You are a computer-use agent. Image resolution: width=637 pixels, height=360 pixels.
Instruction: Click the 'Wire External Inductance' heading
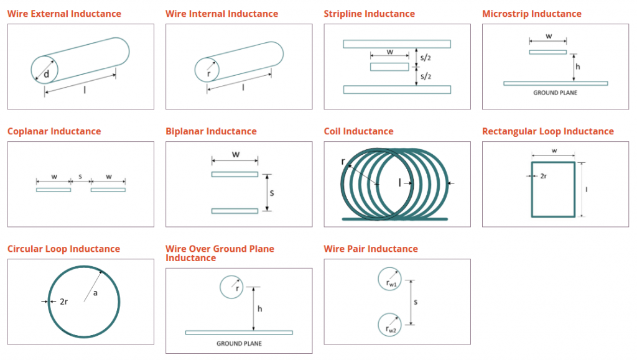pyautogui.click(x=64, y=14)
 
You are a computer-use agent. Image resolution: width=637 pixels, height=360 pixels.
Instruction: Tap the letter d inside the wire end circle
pyautogui.click(x=46, y=74)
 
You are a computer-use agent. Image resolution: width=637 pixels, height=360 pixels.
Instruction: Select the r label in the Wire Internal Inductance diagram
pyautogui.click(x=209, y=74)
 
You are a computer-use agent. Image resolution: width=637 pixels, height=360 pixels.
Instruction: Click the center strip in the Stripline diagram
pyautogui.click(x=389, y=67)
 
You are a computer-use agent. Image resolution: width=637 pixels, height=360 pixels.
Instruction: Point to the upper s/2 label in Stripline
pyautogui.click(x=425, y=58)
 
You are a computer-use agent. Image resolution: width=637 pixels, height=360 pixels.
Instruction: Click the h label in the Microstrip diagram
pyautogui.click(x=578, y=67)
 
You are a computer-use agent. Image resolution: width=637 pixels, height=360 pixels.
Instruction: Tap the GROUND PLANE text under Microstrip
pyautogui.click(x=556, y=93)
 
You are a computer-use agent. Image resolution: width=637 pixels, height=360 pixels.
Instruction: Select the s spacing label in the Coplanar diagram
pyautogui.click(x=80, y=177)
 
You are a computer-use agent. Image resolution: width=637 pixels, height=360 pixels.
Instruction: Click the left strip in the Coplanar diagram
pyautogui.click(x=53, y=190)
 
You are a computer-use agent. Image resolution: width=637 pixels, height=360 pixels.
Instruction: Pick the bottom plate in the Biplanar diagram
pyautogui.click(x=235, y=211)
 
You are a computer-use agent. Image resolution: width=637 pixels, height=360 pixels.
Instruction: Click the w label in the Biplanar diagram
pyautogui.click(x=236, y=155)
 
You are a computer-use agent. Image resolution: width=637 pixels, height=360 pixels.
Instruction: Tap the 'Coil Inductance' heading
pyautogui.click(x=359, y=131)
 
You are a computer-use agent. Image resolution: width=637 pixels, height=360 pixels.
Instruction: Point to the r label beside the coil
pyautogui.click(x=343, y=162)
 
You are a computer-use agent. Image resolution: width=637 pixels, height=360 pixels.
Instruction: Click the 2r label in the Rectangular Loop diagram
pyautogui.click(x=544, y=176)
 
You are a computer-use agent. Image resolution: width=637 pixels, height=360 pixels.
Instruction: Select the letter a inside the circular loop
pyautogui.click(x=95, y=293)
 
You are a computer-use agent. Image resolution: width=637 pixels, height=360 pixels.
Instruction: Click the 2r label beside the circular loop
pyautogui.click(x=64, y=302)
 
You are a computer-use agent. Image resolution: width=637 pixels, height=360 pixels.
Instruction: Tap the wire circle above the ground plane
pyautogui.click(x=231, y=287)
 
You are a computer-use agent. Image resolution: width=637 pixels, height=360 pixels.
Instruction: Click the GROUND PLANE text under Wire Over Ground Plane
pyautogui.click(x=239, y=344)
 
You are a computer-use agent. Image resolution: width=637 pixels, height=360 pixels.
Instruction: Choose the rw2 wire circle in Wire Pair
pyautogui.click(x=389, y=325)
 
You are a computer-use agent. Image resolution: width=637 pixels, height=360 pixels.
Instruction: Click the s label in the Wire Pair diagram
pyautogui.click(x=416, y=302)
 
